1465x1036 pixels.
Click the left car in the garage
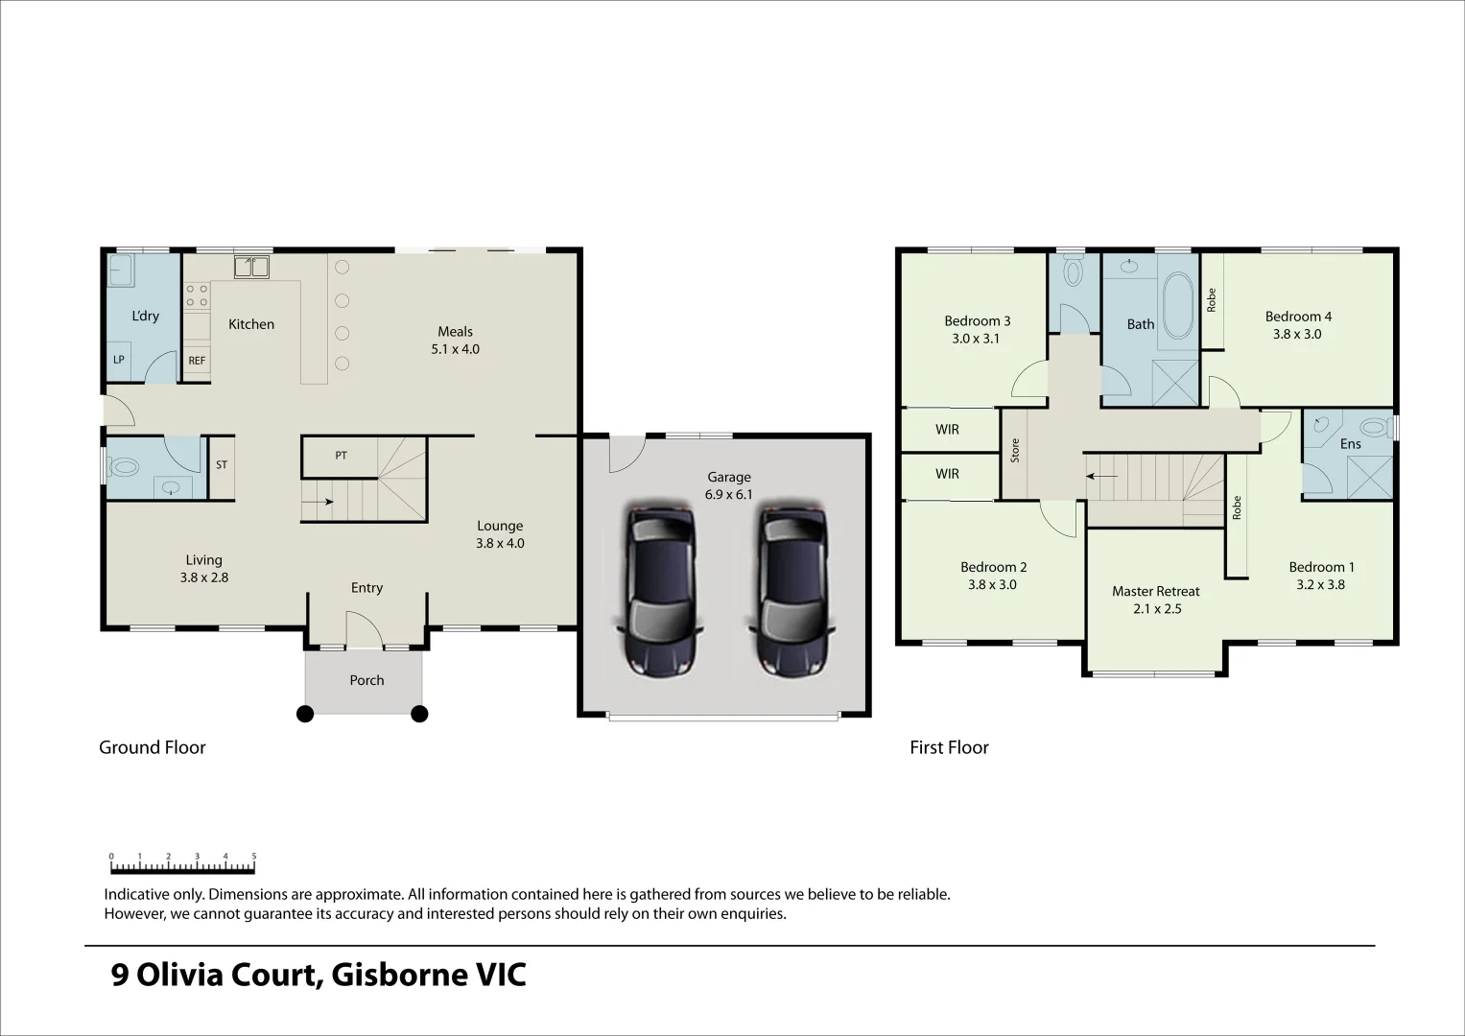point(659,589)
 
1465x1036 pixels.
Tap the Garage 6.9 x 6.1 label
point(728,485)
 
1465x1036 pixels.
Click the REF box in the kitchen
point(197,361)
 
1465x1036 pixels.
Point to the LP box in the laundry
point(119,360)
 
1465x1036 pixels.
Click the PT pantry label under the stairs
point(341,456)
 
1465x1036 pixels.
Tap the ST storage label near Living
point(222,465)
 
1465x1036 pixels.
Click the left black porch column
point(305,714)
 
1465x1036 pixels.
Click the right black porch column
point(419,714)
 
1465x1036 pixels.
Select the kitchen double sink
point(252,266)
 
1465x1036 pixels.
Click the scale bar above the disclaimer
point(182,866)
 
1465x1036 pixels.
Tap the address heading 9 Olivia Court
point(319,975)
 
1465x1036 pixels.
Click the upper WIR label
point(947,430)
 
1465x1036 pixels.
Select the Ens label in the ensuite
point(1350,443)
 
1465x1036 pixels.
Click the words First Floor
point(949,747)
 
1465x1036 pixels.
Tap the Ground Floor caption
point(153,747)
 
